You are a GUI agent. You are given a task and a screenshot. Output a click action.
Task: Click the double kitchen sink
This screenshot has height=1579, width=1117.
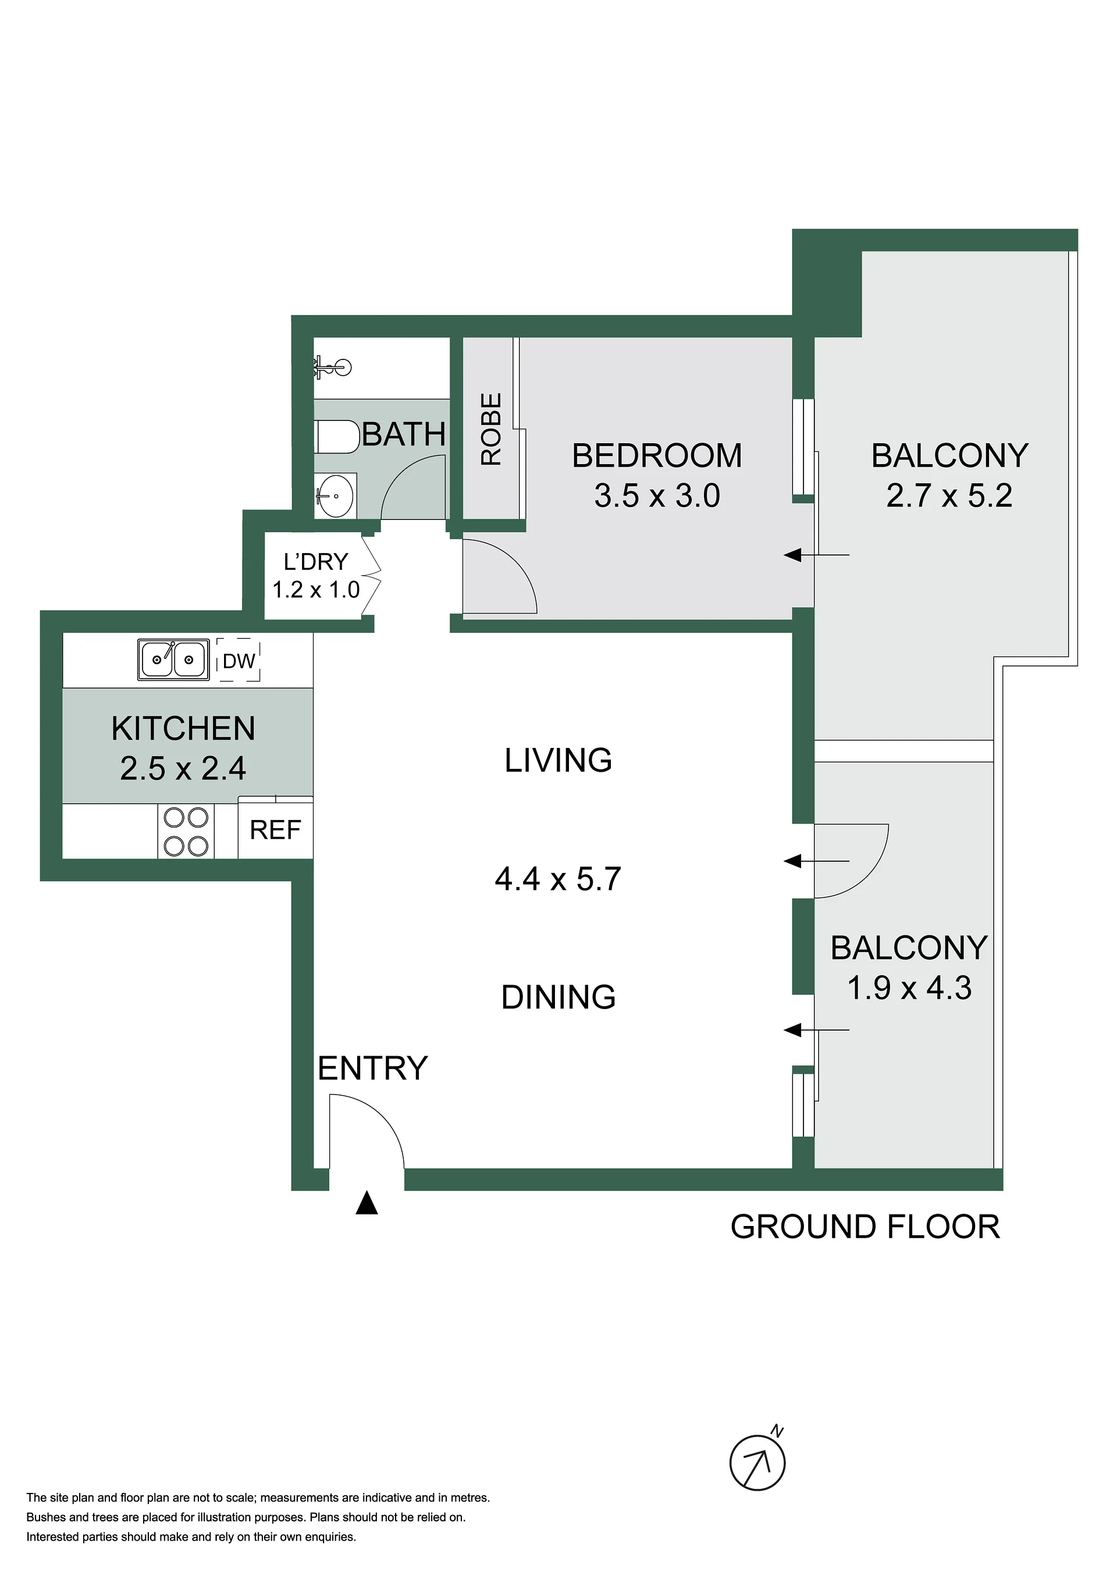173,660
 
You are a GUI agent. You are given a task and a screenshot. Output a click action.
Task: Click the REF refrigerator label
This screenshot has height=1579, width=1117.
275,830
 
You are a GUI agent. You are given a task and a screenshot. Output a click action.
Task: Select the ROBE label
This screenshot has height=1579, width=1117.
491,429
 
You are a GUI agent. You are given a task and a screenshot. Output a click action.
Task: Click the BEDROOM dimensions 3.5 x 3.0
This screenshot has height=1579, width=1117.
657,496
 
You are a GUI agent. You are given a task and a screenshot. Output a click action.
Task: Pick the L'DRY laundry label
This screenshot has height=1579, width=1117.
316,562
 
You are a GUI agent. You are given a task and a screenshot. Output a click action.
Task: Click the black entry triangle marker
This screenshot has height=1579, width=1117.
367,1203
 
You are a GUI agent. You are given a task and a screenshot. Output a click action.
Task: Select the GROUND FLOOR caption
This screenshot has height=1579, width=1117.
865,1228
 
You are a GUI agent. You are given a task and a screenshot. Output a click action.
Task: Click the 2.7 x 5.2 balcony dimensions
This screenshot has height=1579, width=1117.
949,496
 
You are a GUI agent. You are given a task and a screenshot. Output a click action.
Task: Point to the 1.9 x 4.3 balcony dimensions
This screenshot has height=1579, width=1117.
909,988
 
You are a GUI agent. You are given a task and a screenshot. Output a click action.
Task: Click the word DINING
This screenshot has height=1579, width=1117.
558,997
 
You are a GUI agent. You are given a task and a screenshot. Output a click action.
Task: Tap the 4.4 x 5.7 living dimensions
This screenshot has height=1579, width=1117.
558,879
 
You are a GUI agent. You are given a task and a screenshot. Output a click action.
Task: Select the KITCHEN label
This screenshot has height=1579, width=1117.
183,728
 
